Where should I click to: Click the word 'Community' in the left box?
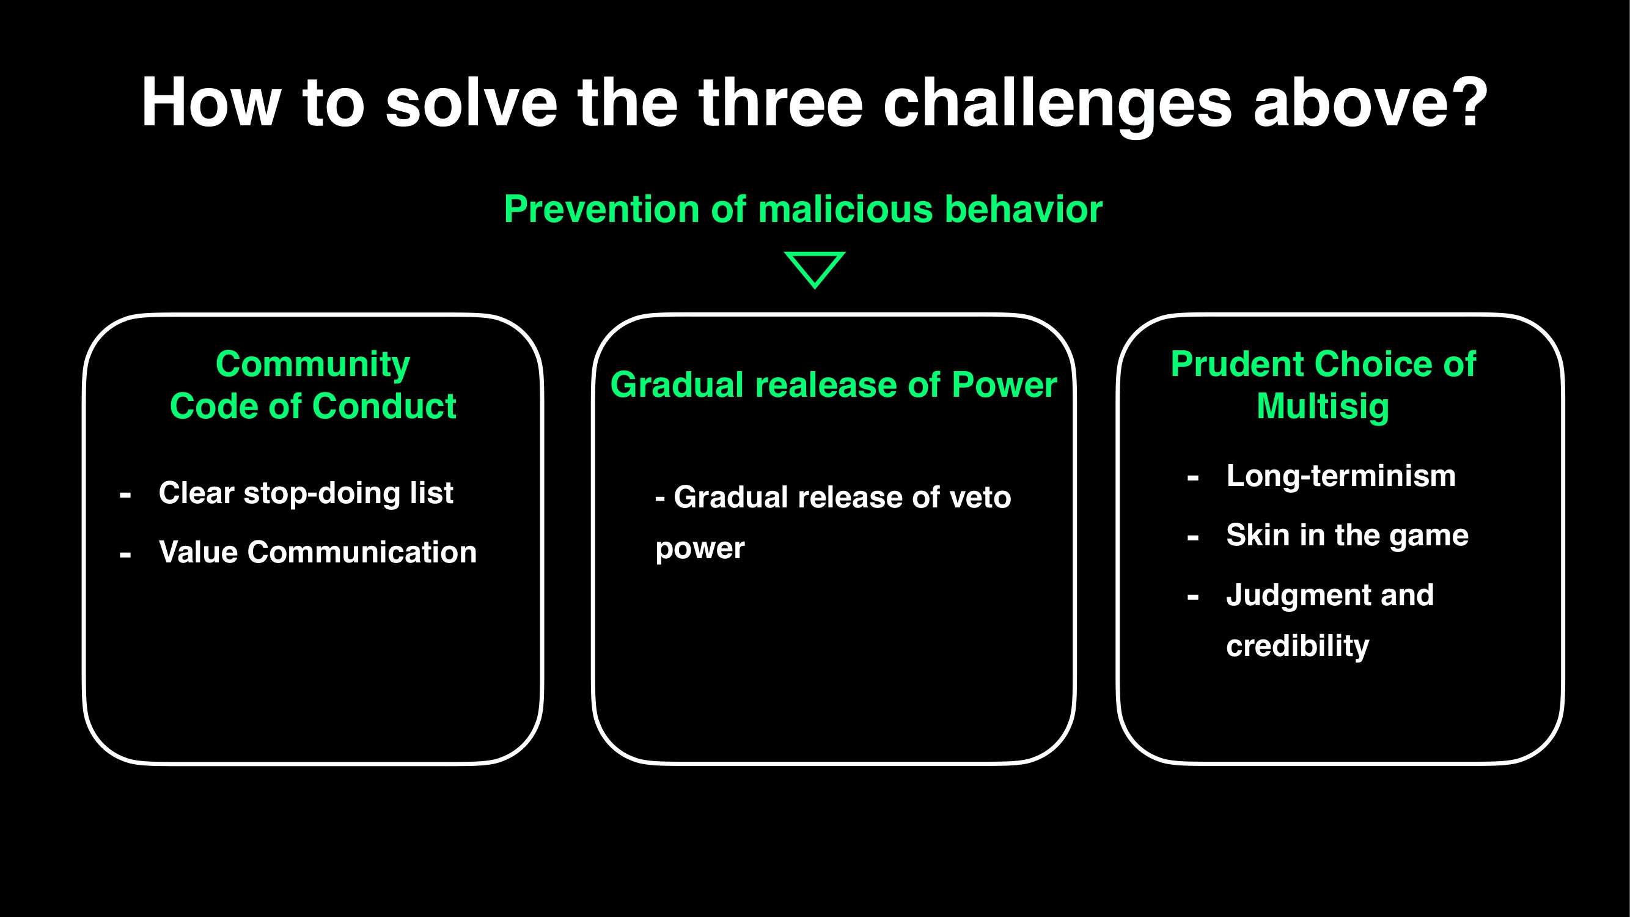312,364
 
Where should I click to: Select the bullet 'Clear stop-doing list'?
306,493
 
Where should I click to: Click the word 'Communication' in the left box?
361,552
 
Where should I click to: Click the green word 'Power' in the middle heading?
1004,385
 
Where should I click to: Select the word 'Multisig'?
1323,407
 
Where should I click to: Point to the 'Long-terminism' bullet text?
1341,476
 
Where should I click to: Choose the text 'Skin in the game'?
1347,536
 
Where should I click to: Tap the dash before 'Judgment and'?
1193,597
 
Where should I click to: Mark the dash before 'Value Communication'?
125,555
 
